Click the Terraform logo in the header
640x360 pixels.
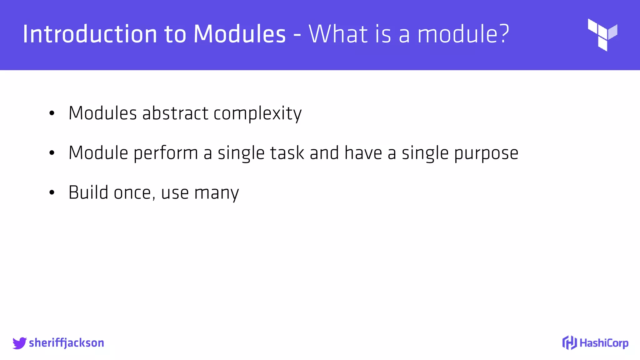pos(602,34)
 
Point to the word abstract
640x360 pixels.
pos(175,113)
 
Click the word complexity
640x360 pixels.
pos(257,114)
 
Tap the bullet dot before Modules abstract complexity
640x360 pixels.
pos(52,113)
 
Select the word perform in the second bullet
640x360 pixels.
pos(166,153)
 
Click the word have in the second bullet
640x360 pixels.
pos(363,153)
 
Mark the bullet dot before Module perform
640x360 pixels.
pos(52,153)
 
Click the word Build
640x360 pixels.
pos(88,192)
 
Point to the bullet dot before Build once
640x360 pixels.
pos(52,193)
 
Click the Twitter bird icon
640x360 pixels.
pos(19,343)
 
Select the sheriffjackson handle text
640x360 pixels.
pos(67,343)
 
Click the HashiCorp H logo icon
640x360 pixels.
pos(569,343)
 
